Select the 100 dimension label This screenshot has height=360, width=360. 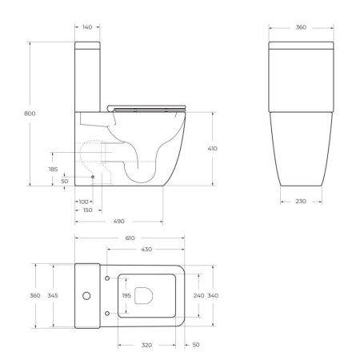click(84, 201)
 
